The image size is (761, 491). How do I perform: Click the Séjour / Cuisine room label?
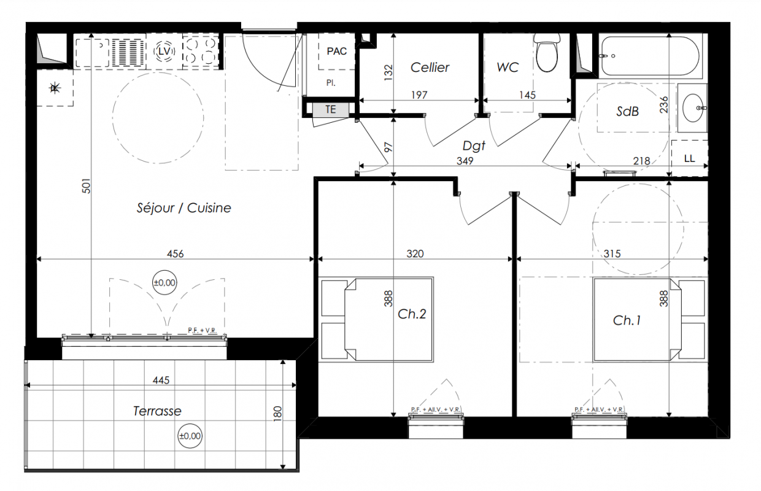coord(183,208)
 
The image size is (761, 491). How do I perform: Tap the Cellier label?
coord(430,68)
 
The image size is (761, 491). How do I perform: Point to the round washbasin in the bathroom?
coord(692,108)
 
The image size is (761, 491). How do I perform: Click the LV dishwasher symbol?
coord(164,52)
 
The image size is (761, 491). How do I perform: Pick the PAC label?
coord(337,52)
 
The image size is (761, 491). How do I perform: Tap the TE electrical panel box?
coord(331,109)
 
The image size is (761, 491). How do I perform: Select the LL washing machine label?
coord(689,158)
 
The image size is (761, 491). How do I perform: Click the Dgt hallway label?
coord(474,146)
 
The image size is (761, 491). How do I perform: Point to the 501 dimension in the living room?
coord(87,186)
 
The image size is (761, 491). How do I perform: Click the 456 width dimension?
coord(176,254)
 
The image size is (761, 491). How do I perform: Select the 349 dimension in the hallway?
coord(465,161)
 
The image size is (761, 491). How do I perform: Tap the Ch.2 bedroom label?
coord(412,314)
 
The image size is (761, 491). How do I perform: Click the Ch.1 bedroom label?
coord(627,320)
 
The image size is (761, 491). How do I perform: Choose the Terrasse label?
coord(157,411)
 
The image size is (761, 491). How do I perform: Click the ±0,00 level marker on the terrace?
coord(190,436)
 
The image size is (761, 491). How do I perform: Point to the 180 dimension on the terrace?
coord(277,414)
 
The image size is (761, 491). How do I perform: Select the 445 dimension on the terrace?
coord(161,381)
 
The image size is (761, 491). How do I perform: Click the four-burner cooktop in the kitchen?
coord(201,52)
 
